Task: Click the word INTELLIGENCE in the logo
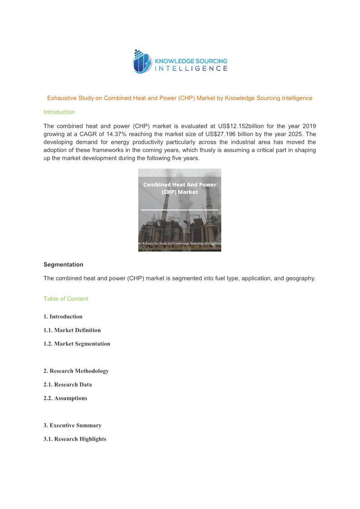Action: pos(191,69)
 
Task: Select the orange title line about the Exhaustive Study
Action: pos(180,98)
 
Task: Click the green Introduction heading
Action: pos(59,112)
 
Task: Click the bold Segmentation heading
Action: pos(63,264)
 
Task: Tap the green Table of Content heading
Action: pos(66,299)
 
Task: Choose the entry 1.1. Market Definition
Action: pos(72,330)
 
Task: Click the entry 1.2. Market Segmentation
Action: pos(77,344)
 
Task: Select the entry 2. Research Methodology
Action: pos(76,371)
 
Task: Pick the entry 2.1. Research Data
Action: pos(68,384)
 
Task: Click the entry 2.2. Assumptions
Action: pos(65,398)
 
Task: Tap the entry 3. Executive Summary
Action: pos(73,425)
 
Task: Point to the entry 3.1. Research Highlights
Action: pos(75,439)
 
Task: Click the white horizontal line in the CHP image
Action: pos(180,210)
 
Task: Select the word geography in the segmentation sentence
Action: pos(300,278)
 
